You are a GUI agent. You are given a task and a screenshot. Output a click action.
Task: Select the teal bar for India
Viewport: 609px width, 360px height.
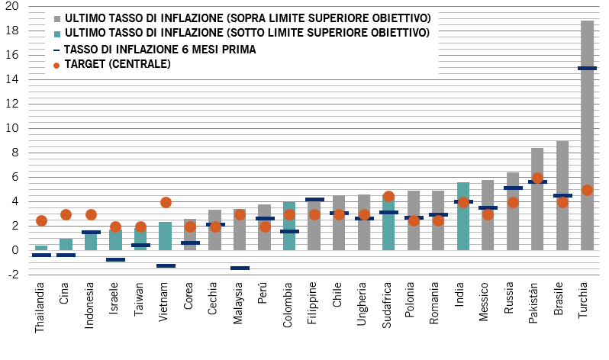(x=463, y=217)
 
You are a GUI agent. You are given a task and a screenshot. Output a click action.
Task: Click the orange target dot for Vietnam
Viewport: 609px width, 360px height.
(x=166, y=202)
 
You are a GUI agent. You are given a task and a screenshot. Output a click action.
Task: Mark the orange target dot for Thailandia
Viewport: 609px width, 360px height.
(x=41, y=220)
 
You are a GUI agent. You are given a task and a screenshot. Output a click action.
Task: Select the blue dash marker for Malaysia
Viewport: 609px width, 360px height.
(x=240, y=268)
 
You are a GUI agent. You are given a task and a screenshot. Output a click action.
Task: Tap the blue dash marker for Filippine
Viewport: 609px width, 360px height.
(x=314, y=200)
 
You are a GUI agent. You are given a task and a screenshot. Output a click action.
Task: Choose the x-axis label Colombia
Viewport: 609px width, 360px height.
(x=288, y=305)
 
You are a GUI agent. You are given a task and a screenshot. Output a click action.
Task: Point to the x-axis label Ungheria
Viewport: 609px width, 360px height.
(x=363, y=305)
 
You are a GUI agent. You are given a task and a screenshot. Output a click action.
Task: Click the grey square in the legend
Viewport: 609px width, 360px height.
(x=57, y=18)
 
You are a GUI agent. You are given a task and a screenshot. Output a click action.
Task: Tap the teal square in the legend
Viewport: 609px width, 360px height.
(x=57, y=34)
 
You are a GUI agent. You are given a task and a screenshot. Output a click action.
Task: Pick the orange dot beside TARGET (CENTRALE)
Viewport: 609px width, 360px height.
(x=57, y=65)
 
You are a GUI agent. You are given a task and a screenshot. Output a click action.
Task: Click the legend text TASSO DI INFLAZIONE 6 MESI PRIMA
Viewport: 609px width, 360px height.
(x=160, y=50)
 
